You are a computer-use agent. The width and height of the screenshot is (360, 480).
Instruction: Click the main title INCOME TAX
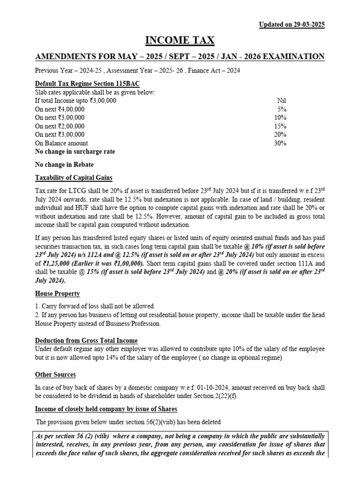click(180, 41)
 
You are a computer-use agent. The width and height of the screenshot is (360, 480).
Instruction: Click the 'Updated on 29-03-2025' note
click(292, 24)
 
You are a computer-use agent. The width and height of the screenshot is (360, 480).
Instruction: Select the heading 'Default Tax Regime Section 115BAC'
click(87, 83)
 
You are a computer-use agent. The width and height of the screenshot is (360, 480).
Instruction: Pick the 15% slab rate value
click(280, 126)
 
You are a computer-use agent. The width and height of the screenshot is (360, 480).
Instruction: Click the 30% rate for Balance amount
click(280, 143)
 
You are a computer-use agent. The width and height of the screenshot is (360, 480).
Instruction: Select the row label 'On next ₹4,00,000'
click(60, 109)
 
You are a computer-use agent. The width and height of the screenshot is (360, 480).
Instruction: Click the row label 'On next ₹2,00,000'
click(60, 126)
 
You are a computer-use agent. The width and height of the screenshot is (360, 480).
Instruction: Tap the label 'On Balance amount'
click(61, 143)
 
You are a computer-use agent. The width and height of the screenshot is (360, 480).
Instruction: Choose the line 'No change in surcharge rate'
click(75, 152)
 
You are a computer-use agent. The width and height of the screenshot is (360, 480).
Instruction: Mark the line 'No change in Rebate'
click(64, 165)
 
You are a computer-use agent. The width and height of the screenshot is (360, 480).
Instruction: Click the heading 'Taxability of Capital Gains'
click(74, 178)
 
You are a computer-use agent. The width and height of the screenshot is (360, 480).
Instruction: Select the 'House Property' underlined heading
click(58, 293)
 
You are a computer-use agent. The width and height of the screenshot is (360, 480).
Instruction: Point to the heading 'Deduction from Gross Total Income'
click(86, 340)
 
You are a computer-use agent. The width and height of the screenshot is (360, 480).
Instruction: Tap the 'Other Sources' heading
click(55, 375)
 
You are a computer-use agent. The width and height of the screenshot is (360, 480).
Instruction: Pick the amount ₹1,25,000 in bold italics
click(58, 263)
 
